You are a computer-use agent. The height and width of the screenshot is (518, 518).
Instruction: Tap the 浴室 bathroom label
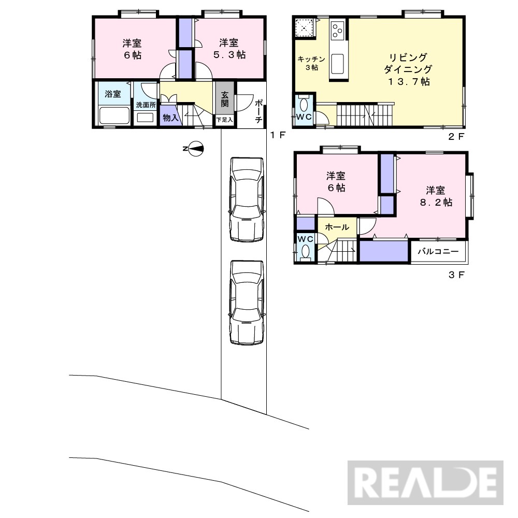113,94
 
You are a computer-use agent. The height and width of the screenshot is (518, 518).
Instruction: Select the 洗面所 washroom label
146,105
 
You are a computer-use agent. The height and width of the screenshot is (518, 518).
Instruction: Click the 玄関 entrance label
225,99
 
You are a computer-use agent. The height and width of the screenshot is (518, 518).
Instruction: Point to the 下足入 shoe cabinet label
225,120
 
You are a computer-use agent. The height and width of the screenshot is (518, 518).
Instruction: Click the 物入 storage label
171,117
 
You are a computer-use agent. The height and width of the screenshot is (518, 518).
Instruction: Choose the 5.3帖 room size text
229,54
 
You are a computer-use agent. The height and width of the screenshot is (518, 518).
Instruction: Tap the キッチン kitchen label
311,59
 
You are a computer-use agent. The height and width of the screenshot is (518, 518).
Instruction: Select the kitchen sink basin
337,64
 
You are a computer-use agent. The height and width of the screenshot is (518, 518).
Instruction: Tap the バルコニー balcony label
438,251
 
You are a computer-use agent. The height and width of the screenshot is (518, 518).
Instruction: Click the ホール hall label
337,227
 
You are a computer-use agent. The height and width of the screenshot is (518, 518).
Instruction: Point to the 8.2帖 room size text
436,202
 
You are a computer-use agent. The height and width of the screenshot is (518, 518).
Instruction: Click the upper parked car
247,199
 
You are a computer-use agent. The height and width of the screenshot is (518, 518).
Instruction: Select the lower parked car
247,303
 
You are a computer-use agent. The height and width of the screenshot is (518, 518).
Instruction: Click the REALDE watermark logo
425,482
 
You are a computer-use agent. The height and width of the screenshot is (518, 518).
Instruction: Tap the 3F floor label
457,275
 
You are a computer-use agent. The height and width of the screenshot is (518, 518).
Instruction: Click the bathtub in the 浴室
114,115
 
